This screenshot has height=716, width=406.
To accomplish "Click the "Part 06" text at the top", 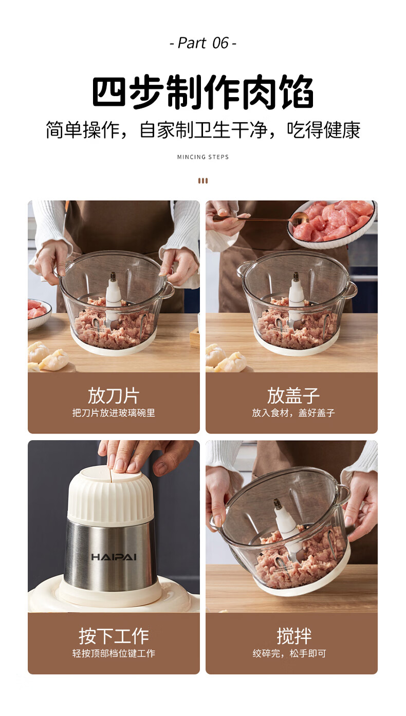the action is point(203,43).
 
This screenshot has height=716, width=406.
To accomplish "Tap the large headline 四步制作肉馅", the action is point(203,92).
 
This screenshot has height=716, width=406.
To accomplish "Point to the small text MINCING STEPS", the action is point(203,157).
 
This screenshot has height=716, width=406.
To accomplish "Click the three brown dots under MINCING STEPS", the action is point(203,181).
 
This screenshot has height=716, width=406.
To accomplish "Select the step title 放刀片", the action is point(114,395).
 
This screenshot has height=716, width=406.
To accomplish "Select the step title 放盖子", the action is point(293,395).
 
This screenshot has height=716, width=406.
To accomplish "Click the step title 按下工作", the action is point(114,635).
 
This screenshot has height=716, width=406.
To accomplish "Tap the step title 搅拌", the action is point(293,635).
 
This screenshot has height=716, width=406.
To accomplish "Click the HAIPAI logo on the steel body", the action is point(114,557).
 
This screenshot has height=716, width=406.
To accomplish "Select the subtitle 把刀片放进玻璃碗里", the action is point(114,413).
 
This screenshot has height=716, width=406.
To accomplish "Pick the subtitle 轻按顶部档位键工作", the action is point(114,653).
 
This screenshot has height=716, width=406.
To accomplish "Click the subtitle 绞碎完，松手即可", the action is point(289,653).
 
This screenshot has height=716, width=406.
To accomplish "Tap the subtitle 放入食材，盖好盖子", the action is point(293,413).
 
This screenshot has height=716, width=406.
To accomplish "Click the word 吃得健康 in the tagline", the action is point(323,130).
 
